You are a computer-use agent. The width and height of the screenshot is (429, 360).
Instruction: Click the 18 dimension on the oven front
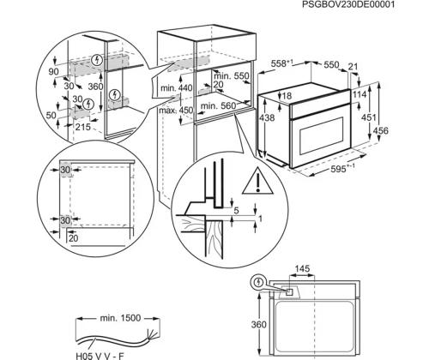[x=288, y=96]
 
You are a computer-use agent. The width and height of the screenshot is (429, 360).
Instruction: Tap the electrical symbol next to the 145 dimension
[x=258, y=281]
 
